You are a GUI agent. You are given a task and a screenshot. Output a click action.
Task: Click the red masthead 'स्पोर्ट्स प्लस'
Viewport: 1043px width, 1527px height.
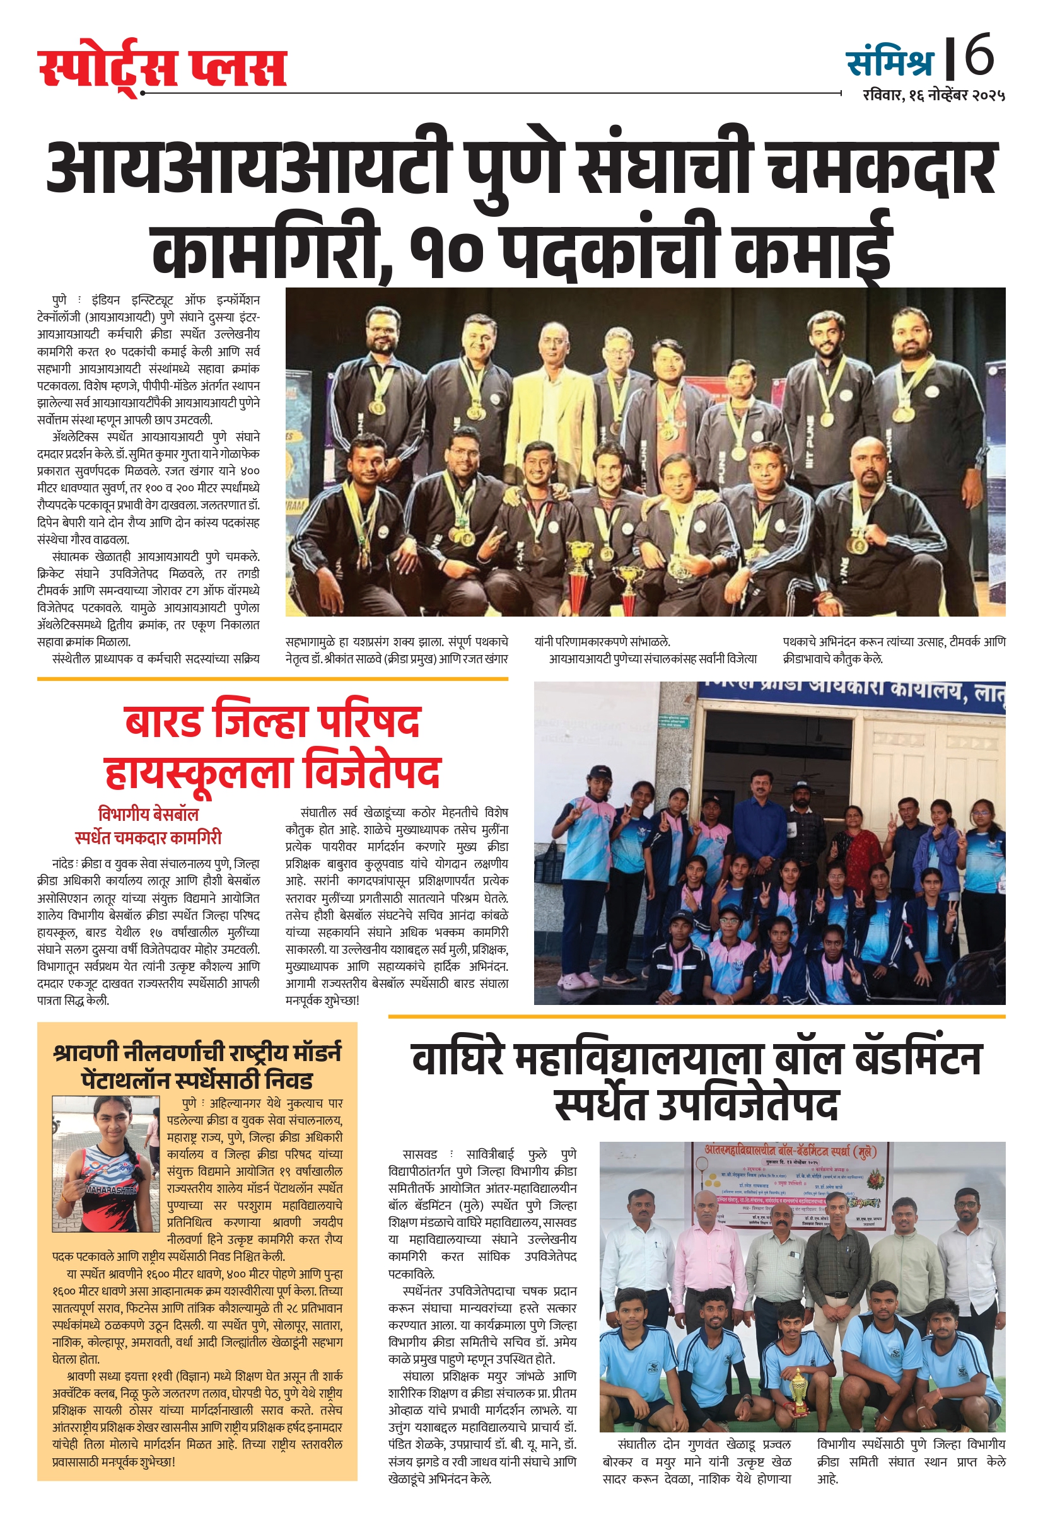[162, 68]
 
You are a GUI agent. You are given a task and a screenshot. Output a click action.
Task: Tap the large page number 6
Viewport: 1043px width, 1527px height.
[979, 55]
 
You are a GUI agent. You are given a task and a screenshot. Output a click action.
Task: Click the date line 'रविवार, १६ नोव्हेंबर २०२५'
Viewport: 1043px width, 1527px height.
[934, 95]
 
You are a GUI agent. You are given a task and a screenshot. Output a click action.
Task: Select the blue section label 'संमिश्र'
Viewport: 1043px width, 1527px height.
[890, 63]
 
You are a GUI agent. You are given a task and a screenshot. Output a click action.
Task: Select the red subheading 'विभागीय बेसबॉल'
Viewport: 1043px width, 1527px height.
[148, 814]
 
